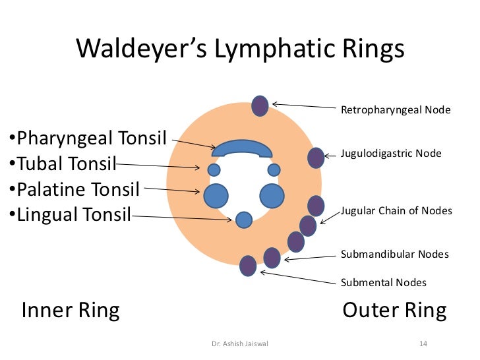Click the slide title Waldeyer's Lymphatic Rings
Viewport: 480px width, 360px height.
[240, 50]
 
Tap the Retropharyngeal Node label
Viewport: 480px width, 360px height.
[396, 109]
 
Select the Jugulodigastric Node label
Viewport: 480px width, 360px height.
[391, 154]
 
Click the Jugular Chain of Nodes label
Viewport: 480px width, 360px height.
[396, 211]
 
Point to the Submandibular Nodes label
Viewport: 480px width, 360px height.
[394, 254]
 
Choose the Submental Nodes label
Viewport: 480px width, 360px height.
[383, 283]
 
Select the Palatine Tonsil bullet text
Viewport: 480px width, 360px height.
[78, 190]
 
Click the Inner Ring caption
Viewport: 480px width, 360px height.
[71, 311]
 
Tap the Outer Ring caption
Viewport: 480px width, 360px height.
[394, 311]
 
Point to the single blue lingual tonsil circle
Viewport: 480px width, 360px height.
[244, 220]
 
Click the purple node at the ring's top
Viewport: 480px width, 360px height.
[260, 105]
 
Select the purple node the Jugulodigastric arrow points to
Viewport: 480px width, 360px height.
[316, 158]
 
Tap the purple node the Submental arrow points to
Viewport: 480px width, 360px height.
[248, 265]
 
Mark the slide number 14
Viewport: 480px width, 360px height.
[423, 344]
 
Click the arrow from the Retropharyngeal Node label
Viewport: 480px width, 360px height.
[303, 106]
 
